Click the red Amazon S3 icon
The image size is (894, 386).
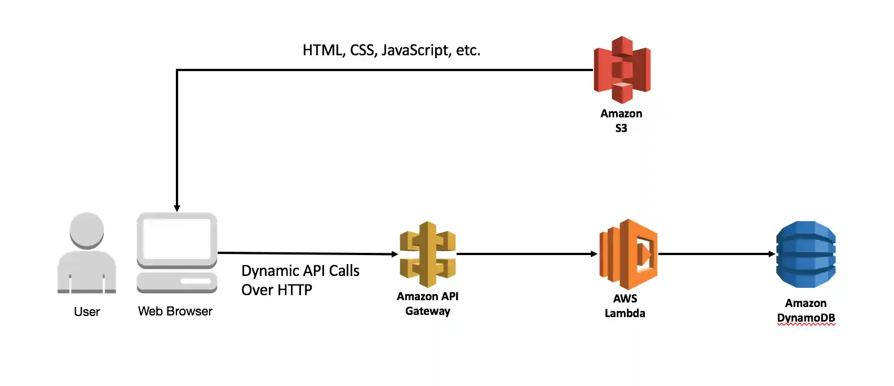point(622,69)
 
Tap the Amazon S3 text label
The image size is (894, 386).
point(621,120)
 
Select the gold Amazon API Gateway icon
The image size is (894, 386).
point(427,255)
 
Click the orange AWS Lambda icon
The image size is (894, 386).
point(628,255)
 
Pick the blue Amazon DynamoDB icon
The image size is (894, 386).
point(806,255)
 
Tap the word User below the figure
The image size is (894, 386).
point(87,312)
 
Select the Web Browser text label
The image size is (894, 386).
point(175,311)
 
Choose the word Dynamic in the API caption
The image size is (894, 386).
point(270,271)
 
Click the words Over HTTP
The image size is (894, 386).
point(276,290)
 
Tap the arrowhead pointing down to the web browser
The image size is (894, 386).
point(177,208)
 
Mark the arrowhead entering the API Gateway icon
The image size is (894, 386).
point(395,254)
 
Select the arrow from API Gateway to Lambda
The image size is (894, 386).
point(527,254)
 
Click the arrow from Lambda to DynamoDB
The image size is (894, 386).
point(716,254)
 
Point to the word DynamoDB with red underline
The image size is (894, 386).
point(806,318)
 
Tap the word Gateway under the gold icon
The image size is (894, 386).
point(427,311)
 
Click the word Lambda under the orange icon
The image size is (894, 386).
point(625,313)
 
